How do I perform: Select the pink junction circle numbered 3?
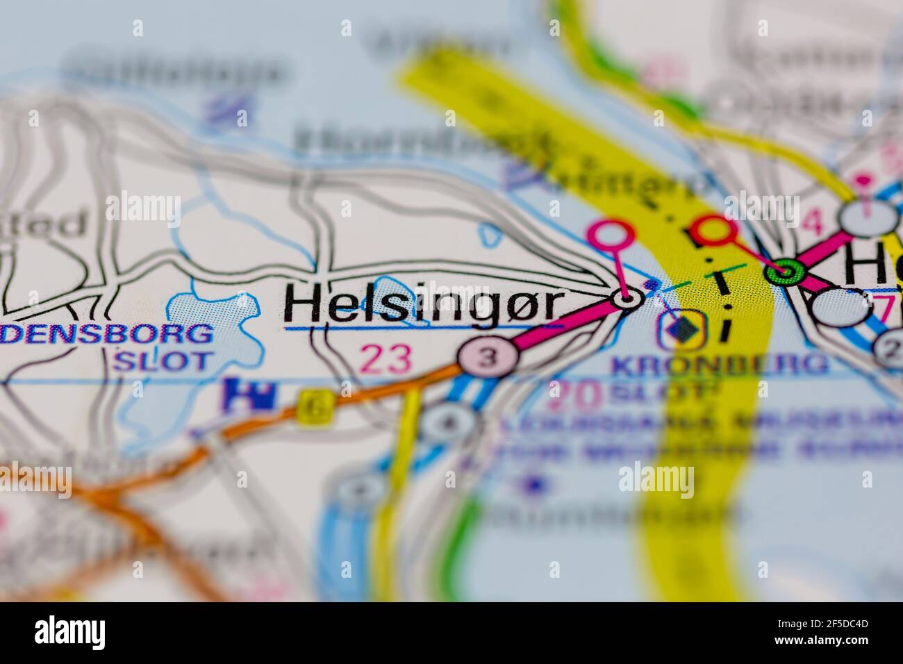[x=489, y=358]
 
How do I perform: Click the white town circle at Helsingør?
[x=627, y=299]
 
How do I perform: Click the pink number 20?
[x=574, y=395]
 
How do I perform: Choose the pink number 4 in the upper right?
[x=811, y=224]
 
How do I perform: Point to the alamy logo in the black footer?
[x=71, y=632]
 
